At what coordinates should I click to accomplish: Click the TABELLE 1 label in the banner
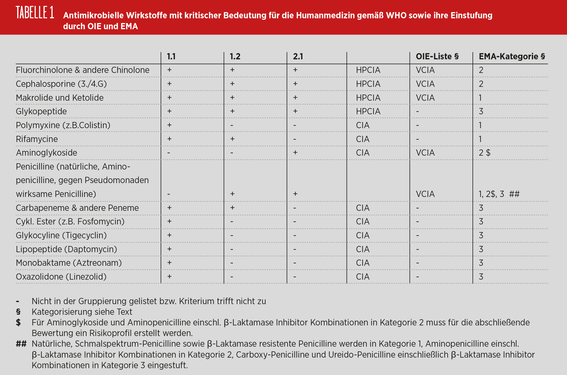click(x=35, y=13)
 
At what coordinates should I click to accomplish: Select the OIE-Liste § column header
click(x=437, y=56)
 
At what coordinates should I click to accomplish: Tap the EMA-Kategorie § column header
click(x=512, y=56)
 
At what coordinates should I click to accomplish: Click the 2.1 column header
click(x=298, y=56)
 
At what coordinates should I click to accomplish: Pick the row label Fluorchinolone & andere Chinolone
click(x=83, y=70)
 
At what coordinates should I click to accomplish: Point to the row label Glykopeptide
click(x=41, y=111)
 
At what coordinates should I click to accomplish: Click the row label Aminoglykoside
click(x=46, y=153)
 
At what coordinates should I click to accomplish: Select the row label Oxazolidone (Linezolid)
click(x=61, y=277)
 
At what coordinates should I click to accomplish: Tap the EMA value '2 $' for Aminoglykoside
click(x=484, y=153)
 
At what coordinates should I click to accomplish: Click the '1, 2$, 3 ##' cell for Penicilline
click(x=499, y=194)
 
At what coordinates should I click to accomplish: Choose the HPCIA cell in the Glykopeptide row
click(x=368, y=111)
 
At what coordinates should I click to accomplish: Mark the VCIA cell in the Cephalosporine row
click(x=425, y=84)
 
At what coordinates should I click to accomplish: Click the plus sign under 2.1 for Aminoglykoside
click(x=295, y=153)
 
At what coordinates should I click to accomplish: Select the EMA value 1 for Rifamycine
click(x=480, y=139)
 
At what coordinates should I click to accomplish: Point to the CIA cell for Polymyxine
click(x=363, y=125)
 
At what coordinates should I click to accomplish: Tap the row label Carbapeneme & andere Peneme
click(x=77, y=208)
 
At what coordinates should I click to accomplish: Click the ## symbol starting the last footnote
click(x=21, y=344)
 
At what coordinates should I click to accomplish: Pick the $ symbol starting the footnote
click(x=18, y=322)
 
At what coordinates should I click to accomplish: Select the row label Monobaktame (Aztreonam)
click(x=69, y=263)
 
